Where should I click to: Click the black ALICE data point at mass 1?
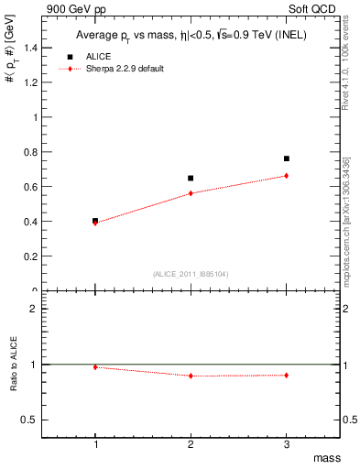coord(95,221)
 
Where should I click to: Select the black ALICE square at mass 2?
coord(191,178)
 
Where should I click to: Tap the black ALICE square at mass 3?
coord(286,158)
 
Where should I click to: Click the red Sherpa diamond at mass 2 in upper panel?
coord(191,193)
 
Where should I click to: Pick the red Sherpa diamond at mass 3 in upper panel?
coord(286,176)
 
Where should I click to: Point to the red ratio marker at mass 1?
coord(95,367)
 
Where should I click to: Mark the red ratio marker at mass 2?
coord(191,376)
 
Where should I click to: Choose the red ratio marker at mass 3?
coord(286,375)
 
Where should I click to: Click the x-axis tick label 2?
coord(191,444)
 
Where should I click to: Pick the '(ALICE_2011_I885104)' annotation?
coord(191,274)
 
